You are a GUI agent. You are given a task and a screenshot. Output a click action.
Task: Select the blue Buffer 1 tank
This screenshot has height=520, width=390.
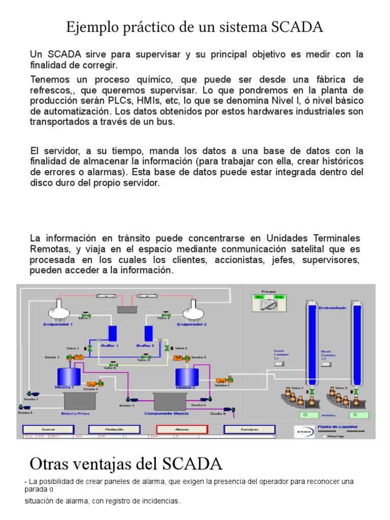pyautogui.click(x=112, y=333)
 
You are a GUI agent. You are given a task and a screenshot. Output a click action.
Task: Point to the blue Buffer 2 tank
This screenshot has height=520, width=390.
pyautogui.click(x=149, y=333)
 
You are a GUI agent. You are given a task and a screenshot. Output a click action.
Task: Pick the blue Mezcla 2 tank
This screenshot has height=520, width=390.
pyautogui.click(x=186, y=377)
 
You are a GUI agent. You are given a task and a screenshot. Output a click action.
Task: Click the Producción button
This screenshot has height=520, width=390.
pyautogui.click(x=114, y=429)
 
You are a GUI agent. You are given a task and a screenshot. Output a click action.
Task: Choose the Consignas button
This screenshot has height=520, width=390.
pyautogui.click(x=249, y=429)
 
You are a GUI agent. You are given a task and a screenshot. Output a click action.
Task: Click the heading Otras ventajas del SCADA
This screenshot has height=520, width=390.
pyautogui.click(x=126, y=463)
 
